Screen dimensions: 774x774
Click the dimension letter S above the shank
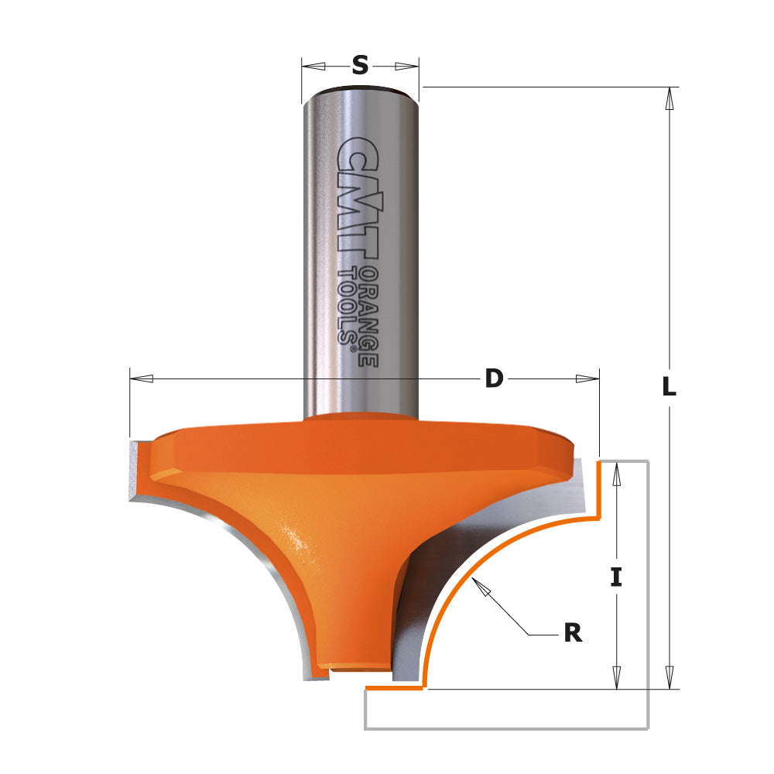[x=360, y=66]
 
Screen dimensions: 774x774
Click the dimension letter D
[x=494, y=378]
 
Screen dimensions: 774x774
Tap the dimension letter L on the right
[x=670, y=387]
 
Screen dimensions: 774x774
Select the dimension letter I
[x=616, y=577]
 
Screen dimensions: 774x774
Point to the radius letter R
[x=573, y=633]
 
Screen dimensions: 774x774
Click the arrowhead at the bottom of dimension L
[x=670, y=678]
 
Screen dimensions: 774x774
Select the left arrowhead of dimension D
[x=142, y=378]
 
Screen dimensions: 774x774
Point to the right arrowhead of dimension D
[x=587, y=378]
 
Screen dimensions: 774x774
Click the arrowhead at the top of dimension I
[x=616, y=474]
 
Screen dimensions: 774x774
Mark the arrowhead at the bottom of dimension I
[x=616, y=678]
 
